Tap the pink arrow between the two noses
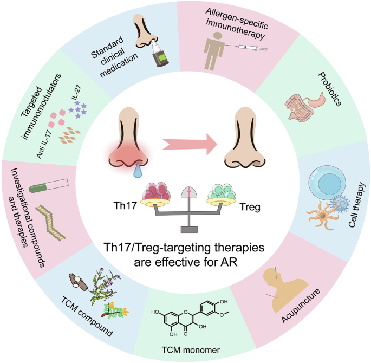[189, 144]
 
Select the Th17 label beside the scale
[119, 206]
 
